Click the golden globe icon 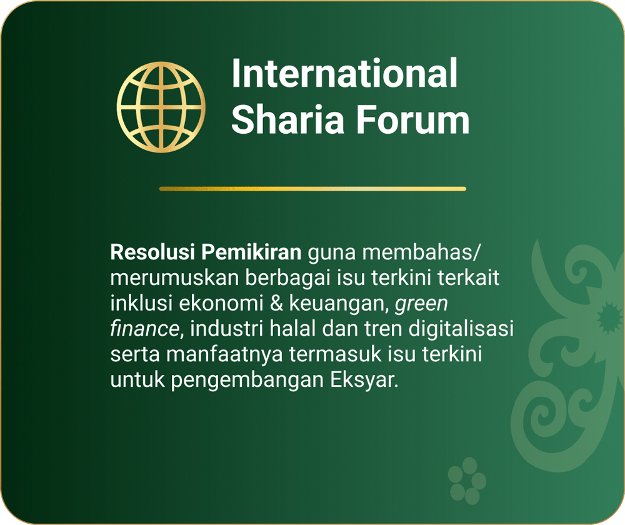click(x=161, y=107)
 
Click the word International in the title click(x=344, y=73)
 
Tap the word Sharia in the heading click(x=287, y=119)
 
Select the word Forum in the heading click(x=412, y=119)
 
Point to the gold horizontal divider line click(x=313, y=189)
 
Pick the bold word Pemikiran click(x=251, y=252)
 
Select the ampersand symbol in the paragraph click(x=276, y=303)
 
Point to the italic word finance click(x=144, y=329)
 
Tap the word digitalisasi click(x=461, y=329)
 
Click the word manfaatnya click(x=224, y=354)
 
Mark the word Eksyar click(x=364, y=380)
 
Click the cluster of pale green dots click(x=467, y=481)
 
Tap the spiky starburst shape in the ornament click(x=609, y=317)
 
